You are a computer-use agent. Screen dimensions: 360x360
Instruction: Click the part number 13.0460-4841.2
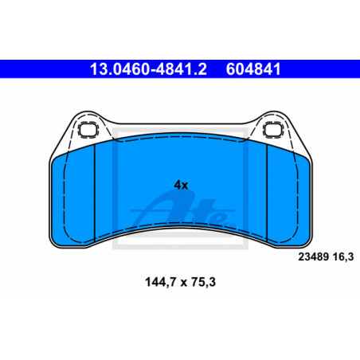coord(148,69)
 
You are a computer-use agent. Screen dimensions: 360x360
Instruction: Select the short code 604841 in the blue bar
coord(253,69)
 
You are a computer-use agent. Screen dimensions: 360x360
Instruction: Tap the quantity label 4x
coord(181,186)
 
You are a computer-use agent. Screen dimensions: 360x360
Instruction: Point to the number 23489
coord(314,257)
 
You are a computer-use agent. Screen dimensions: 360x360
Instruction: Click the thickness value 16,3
coord(343,257)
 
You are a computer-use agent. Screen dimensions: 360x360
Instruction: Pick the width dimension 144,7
coord(160,282)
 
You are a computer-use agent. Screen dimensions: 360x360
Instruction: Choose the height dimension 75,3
coord(204,282)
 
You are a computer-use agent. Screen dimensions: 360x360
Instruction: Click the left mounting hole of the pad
coord(88,130)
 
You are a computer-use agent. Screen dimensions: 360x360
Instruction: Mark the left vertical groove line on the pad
coord(95,194)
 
